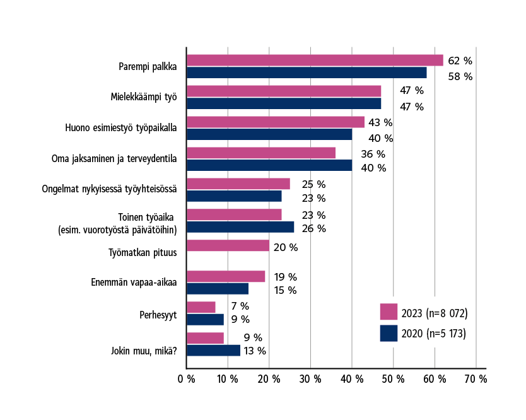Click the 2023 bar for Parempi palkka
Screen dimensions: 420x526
pos(315,61)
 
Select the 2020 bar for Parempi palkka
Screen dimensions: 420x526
pos(307,73)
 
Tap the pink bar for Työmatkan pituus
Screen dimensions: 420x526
pos(228,246)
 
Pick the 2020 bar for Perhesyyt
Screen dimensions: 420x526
pos(205,320)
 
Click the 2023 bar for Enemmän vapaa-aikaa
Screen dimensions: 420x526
pos(226,276)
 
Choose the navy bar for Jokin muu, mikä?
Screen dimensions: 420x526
pos(213,351)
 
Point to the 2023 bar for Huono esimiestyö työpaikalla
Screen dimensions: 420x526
pos(276,122)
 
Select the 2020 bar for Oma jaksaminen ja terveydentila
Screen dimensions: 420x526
pos(269,165)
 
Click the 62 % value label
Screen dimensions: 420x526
pos(460,61)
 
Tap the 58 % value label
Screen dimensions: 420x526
pos(460,77)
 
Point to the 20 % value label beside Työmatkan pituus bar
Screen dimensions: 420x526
pos(284,248)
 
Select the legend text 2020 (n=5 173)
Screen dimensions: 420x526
pos(434,334)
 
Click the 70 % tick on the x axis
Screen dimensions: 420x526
pos(476,379)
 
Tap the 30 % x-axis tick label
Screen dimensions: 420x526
pos(310,379)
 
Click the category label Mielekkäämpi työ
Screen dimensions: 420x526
pos(143,97)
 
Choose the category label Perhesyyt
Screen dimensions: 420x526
pos(158,314)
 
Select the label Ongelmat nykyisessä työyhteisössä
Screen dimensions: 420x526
pos(109,189)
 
